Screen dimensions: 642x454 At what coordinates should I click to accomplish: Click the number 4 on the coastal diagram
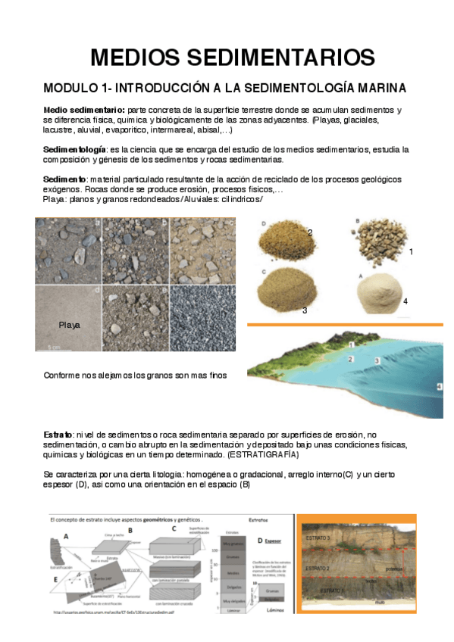pyautogui.click(x=439, y=387)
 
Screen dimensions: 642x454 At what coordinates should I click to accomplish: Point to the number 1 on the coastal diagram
pyautogui.click(x=351, y=344)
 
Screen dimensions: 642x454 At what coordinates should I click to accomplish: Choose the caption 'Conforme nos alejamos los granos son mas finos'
pyautogui.click(x=135, y=375)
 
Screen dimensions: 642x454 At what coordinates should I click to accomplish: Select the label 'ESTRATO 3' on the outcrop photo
pyautogui.click(x=318, y=538)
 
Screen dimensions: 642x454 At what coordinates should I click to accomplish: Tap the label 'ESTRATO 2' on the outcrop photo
pyautogui.click(x=318, y=567)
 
